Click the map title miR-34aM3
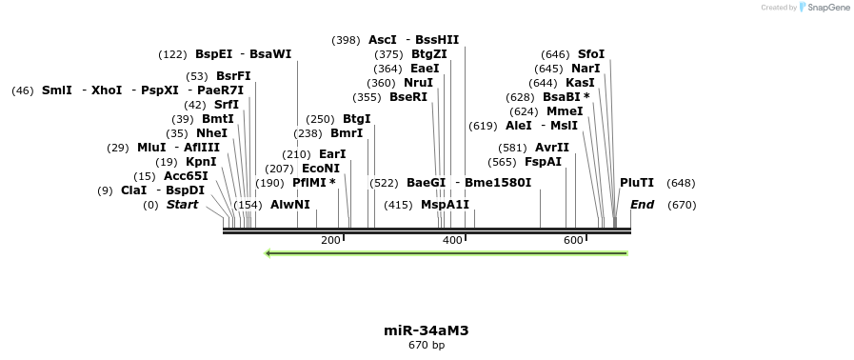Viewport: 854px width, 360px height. pos(426,330)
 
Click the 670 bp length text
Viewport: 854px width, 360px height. pos(426,345)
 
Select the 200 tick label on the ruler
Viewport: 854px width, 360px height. pos(330,240)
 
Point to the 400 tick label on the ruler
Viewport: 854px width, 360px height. pos(452,240)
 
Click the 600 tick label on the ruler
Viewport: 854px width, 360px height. pos(573,240)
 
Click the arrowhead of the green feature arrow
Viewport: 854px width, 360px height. pos(269,253)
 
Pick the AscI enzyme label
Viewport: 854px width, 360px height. pos(382,40)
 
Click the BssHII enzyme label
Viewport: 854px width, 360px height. pos(437,40)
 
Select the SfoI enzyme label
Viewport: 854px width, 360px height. pos(591,54)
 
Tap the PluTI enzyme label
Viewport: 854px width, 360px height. pos(637,183)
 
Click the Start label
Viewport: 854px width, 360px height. pos(183,205)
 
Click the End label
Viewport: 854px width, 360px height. pos(642,205)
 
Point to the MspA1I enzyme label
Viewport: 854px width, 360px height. pos(445,205)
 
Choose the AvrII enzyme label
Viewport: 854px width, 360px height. pos(552,148)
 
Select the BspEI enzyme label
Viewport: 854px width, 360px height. pos(213,54)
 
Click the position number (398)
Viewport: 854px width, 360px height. pos(346,40)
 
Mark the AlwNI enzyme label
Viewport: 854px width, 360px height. pos(290,205)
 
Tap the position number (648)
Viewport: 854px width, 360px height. pos(681,183)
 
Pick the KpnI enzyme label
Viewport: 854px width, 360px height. pos(201,162)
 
